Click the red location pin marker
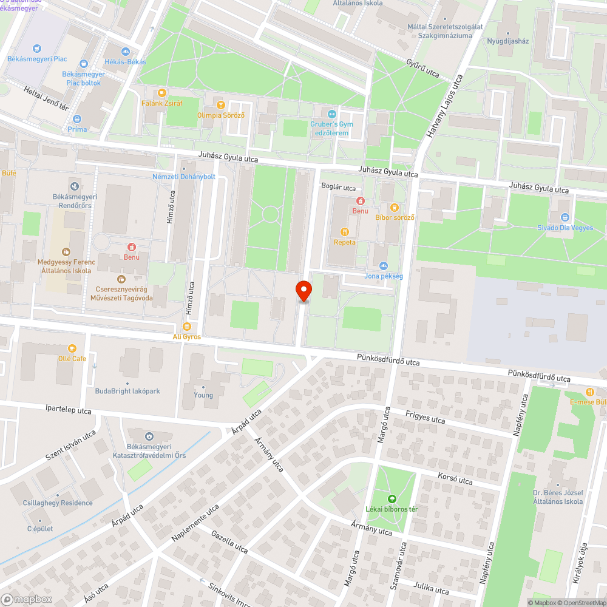pos(303,291)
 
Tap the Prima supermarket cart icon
pos(78,119)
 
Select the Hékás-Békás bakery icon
pos(126,52)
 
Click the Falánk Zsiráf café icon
pos(161,93)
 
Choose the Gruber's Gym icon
pos(331,114)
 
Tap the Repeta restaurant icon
pos(345,231)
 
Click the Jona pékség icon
pos(383,265)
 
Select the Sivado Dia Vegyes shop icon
pos(565,217)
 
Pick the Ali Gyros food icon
pos(187,327)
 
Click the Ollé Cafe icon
pos(72,348)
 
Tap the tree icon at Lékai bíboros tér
pos(392,498)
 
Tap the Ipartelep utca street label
pos(68,411)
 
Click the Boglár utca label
pos(338,188)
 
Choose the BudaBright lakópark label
pos(127,392)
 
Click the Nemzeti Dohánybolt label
pos(184,177)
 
